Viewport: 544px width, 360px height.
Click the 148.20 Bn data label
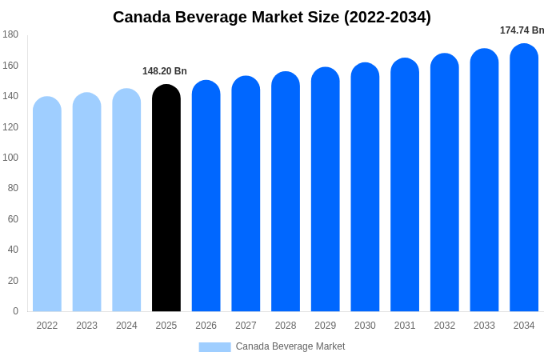tap(165, 71)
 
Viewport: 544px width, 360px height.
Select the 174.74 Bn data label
tap(522, 30)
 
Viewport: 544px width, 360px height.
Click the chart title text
tap(272, 17)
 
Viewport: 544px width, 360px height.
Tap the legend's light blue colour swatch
tap(214, 347)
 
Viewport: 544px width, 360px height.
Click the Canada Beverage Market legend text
tap(290, 346)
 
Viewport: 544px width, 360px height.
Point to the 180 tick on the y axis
tap(10, 34)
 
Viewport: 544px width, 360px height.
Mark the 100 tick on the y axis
tap(10, 158)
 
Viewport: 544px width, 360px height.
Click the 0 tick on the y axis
tap(15, 311)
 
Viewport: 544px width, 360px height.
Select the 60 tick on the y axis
tap(13, 219)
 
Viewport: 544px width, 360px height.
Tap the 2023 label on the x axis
tap(86, 326)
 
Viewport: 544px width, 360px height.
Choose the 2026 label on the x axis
tap(206, 326)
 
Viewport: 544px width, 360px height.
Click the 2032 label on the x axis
tap(444, 326)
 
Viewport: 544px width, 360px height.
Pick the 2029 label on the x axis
tap(325, 326)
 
